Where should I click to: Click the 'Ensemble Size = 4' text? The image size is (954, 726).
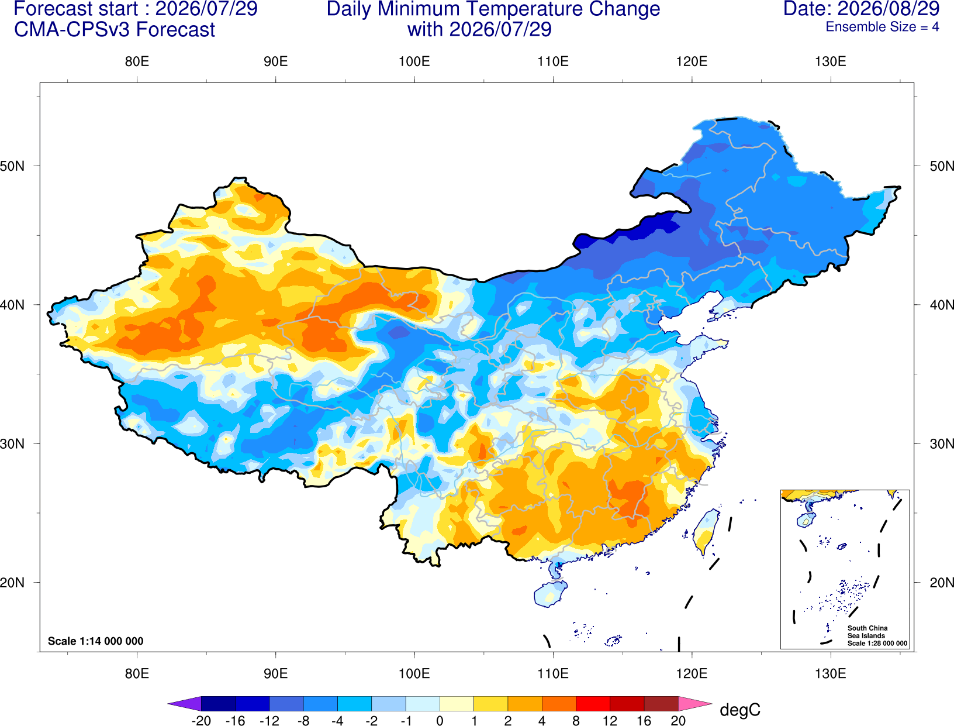pyautogui.click(x=882, y=27)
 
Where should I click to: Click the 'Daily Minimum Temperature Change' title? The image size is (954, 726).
pyautogui.click(x=493, y=9)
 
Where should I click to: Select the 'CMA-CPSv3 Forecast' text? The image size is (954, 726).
pyautogui.click(x=115, y=30)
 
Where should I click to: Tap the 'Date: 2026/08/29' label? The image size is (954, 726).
pyautogui.click(x=861, y=9)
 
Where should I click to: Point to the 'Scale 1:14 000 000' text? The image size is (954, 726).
pyautogui.click(x=96, y=641)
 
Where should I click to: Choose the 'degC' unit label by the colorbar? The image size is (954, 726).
pyautogui.click(x=739, y=710)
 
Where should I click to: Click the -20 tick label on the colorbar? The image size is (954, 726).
pyautogui.click(x=201, y=721)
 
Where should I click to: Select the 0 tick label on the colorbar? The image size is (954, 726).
pyautogui.click(x=440, y=721)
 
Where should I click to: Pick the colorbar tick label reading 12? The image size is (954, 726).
pyautogui.click(x=610, y=721)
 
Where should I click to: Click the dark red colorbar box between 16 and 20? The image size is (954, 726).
pyautogui.click(x=661, y=703)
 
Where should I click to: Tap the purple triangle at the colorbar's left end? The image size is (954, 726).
pyautogui.click(x=184, y=703)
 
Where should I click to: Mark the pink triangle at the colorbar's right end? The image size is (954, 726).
pyautogui.click(x=696, y=703)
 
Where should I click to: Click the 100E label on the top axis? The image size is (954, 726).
pyautogui.click(x=414, y=61)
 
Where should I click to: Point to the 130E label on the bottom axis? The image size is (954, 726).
pyautogui.click(x=831, y=673)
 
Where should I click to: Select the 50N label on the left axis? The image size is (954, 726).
pyautogui.click(x=12, y=166)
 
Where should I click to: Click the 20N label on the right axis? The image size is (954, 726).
pyautogui.click(x=942, y=582)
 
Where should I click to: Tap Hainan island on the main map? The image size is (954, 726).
pyautogui.click(x=550, y=593)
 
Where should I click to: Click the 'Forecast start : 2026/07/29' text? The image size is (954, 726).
pyautogui.click(x=136, y=9)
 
